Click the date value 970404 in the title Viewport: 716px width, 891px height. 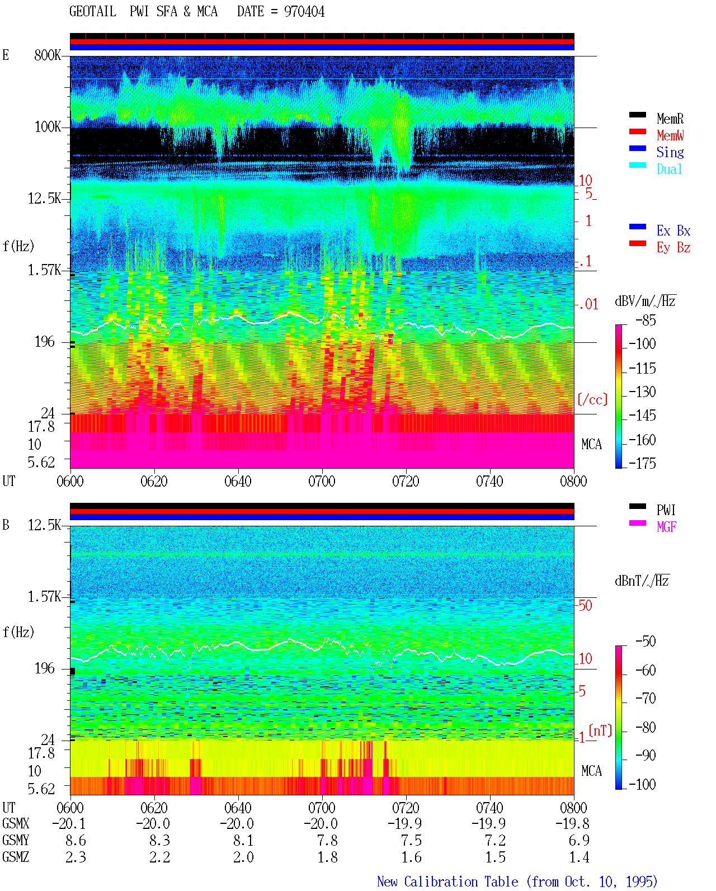coord(304,12)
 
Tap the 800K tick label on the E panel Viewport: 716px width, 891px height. coord(48,55)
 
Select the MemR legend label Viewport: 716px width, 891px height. coord(670,119)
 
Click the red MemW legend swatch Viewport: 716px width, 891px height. coord(637,131)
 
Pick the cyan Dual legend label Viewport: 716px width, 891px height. coord(669,169)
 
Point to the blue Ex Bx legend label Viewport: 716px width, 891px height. coord(673,230)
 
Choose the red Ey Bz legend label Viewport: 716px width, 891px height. coord(673,248)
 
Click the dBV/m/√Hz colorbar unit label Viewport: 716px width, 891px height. coord(645,301)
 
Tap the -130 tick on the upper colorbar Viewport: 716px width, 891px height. coord(642,392)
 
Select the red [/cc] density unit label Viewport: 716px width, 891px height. coord(592,399)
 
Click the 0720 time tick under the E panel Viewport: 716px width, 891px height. coord(406,481)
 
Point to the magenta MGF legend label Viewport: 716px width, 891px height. coord(666,527)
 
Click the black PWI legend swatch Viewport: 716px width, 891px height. coord(637,506)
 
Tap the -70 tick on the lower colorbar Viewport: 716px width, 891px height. coord(646,698)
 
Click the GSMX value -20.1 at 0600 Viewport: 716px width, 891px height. coord(69,823)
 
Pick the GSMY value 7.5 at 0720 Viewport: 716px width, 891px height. coord(411,840)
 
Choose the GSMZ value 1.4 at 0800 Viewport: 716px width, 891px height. coord(579,857)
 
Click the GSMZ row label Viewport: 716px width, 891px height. coord(16,857)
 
